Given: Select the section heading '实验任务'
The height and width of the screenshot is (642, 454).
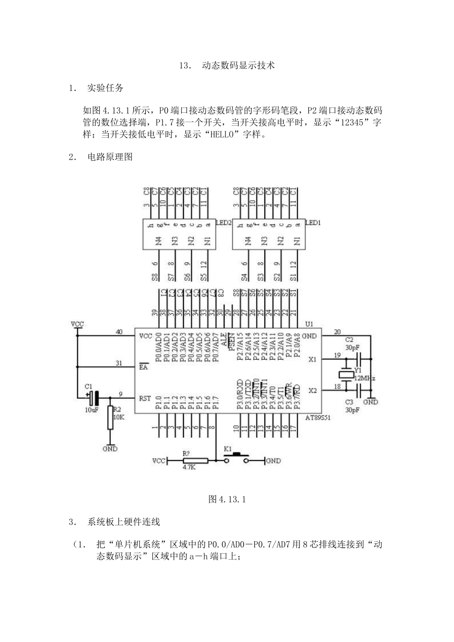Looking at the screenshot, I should pos(105,88).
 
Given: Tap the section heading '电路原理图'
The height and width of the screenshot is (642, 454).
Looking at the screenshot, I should pos(110,157).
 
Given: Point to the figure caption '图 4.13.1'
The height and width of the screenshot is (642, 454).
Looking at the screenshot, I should pos(227,499).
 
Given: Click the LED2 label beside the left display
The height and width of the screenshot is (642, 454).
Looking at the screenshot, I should pos(223,223).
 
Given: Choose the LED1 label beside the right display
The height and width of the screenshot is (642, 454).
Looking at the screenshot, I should pos(313,223).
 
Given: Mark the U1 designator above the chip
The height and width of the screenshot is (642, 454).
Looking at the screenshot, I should pos(311,324).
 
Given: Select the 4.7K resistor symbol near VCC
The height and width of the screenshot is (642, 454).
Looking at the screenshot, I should pos(195,460).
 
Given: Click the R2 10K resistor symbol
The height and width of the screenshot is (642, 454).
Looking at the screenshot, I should pos(110,418).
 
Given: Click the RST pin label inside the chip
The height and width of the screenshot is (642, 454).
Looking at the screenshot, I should pos(145,398).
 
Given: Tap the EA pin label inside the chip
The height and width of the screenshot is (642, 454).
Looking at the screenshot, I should pos(143,367).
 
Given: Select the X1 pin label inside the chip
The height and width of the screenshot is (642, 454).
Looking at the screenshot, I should pos(312,359).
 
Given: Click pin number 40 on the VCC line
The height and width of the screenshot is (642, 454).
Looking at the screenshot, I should pos(119,332).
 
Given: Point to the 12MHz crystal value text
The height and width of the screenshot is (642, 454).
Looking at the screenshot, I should pos(365,378).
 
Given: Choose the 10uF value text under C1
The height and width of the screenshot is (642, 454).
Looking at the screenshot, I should pos(91,409).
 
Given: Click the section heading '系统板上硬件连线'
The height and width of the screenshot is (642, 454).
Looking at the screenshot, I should pos(123,522).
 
